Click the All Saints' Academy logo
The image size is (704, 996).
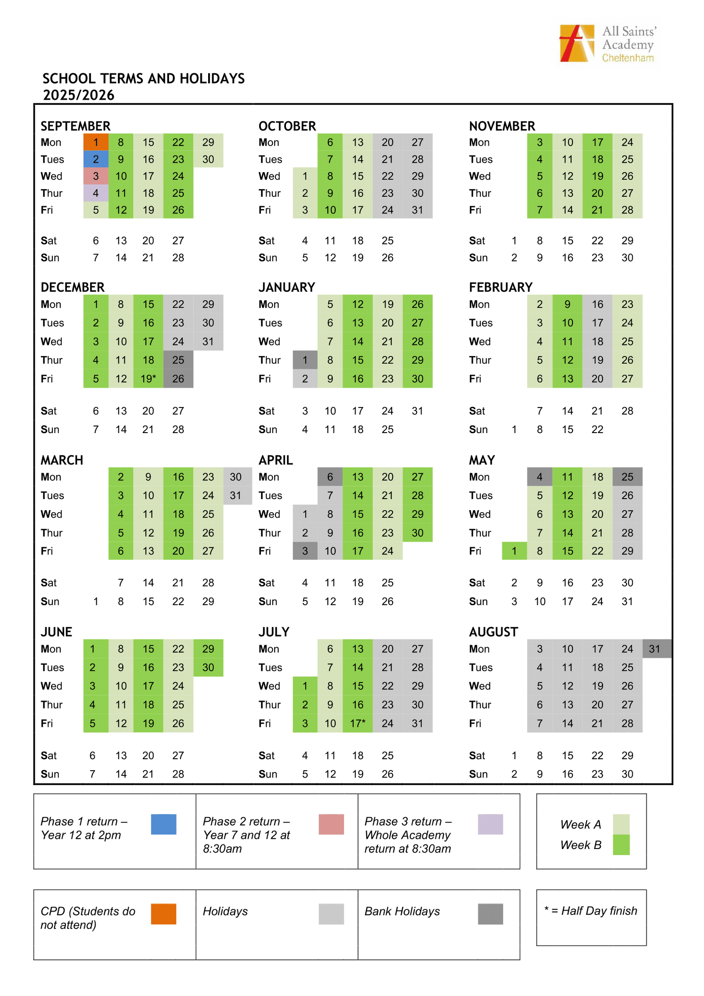pos(607,44)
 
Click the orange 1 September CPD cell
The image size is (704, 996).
pos(95,142)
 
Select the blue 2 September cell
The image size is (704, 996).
pos(95,159)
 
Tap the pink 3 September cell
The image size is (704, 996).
pos(95,176)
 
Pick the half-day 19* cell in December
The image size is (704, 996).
pos(148,379)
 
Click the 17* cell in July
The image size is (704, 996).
pos(357,723)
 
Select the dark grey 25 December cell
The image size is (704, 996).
pos(178,360)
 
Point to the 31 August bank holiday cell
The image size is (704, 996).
pos(654,649)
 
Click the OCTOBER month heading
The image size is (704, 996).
pos(287,126)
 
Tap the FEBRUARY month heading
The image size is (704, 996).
pos(500,287)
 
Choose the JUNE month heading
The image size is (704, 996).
pos(56,632)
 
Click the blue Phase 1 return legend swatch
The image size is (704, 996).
pos(163,824)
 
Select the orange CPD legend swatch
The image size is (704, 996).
pos(163,914)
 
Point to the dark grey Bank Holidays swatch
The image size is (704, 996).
pos(490,914)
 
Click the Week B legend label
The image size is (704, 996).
pos(580,845)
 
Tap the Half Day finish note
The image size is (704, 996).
pos(590,911)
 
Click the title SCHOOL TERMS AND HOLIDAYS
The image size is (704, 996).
pos(143,79)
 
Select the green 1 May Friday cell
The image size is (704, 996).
pos(514,551)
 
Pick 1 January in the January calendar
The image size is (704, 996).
pos(304,360)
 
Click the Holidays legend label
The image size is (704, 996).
pos(225,911)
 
